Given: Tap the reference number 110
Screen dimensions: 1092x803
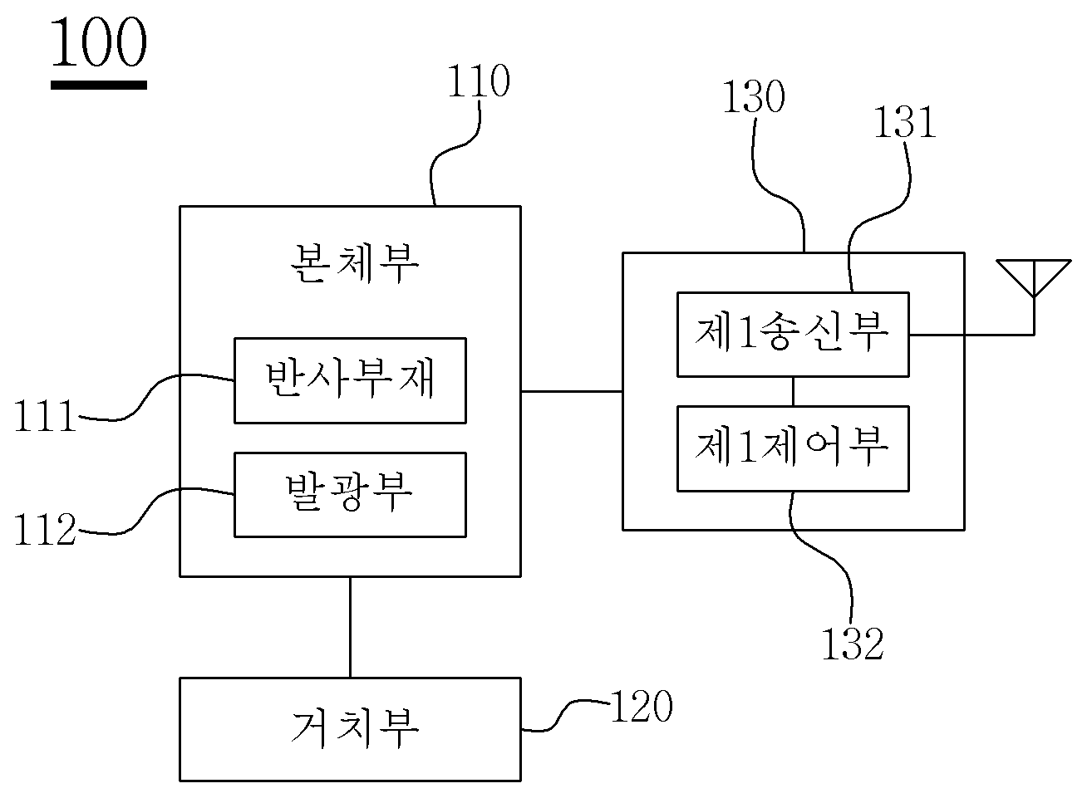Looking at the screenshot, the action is pos(479,81).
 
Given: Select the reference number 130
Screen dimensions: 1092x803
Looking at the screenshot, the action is pos(754,96).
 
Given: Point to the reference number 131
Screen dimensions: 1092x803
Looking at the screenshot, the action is pos(905,122).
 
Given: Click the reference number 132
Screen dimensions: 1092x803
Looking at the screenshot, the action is pos(853,644).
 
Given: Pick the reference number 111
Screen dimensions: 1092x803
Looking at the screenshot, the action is pos(45,416).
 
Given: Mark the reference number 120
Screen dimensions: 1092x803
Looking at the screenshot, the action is pos(642,706).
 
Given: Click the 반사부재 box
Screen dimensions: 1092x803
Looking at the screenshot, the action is pos(350,380).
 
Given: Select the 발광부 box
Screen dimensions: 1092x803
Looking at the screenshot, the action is pos(350,495).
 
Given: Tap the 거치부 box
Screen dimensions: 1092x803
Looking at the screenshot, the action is pos(350,729).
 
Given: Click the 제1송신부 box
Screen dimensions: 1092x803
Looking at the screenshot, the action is pos(793,335).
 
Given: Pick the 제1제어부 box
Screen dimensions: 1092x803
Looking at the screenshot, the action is pos(793,448).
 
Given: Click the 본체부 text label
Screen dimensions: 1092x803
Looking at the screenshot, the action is pos(354,264).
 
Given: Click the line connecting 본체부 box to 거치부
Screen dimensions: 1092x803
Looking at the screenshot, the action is pos(350,628).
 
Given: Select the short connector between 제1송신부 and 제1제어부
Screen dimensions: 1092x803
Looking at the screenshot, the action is pos(793,392).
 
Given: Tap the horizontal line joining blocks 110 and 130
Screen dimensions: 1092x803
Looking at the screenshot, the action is pos(572,391).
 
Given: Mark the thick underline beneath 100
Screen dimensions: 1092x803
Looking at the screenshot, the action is pos(98,86).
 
